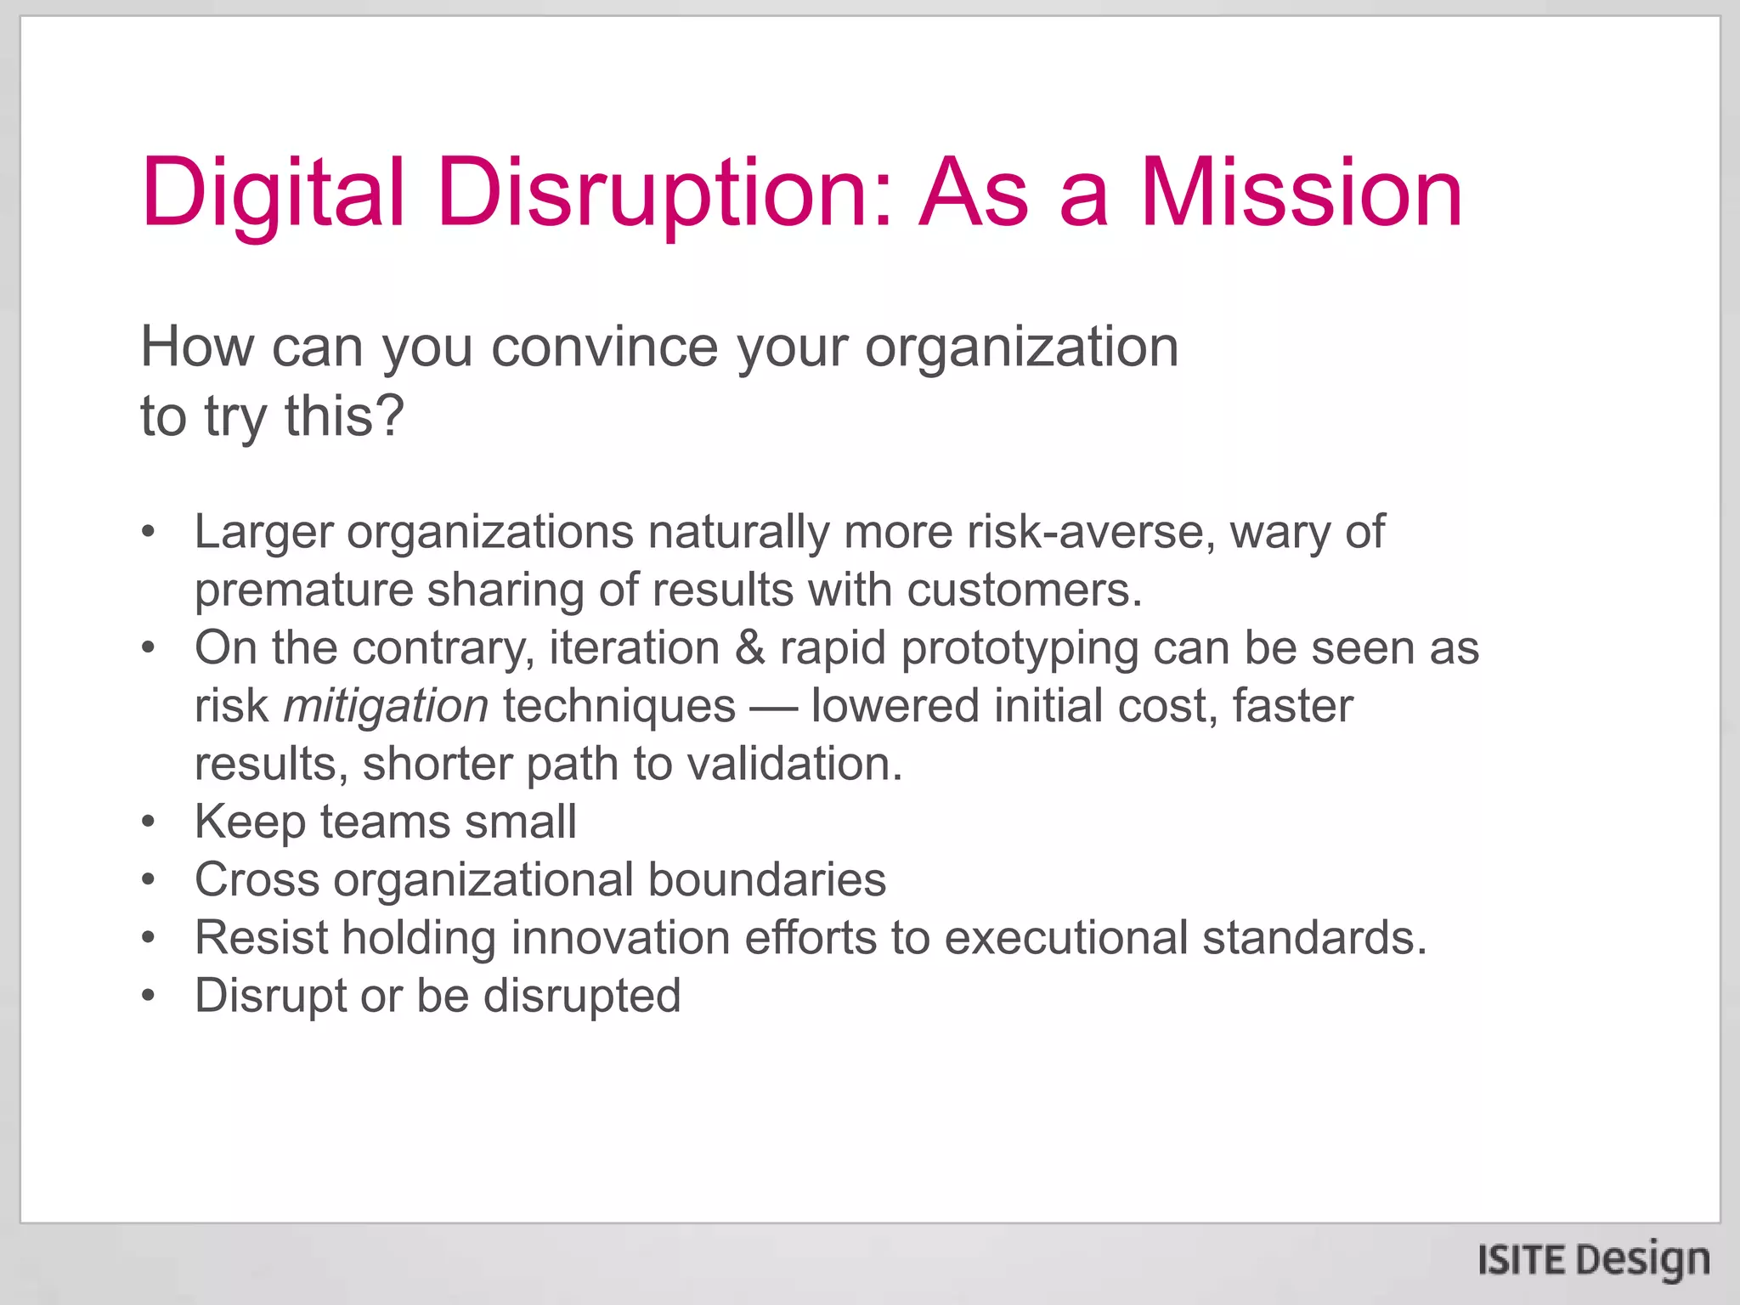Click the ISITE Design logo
[1593, 1259]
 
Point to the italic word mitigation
[386, 706]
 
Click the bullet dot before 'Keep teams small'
[149, 822]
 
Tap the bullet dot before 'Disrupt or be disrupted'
[149, 996]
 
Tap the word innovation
[620, 938]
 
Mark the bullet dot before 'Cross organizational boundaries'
[149, 880]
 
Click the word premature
[303, 591]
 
